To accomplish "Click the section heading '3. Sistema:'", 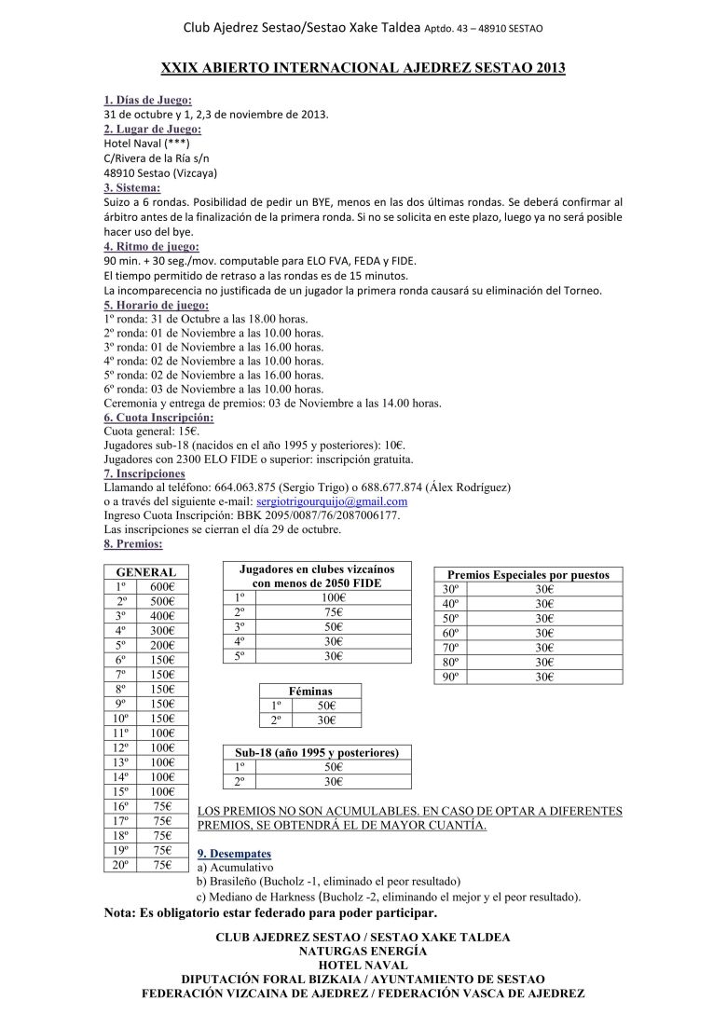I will click(x=132, y=187).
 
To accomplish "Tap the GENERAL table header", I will click(x=145, y=571).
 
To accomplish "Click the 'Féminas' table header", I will click(x=309, y=691).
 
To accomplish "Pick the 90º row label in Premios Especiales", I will click(x=451, y=678).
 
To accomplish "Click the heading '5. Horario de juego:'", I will click(x=157, y=305).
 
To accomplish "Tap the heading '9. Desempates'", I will click(x=235, y=854).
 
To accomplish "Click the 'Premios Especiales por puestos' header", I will click(x=528, y=575).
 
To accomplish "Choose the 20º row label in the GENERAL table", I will click(x=120, y=866).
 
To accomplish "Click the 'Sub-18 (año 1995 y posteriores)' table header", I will click(x=317, y=752).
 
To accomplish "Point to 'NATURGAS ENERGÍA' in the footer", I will click(x=363, y=951).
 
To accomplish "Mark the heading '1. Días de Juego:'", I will click(x=148, y=100).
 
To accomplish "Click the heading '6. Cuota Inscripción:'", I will click(x=158, y=418).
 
